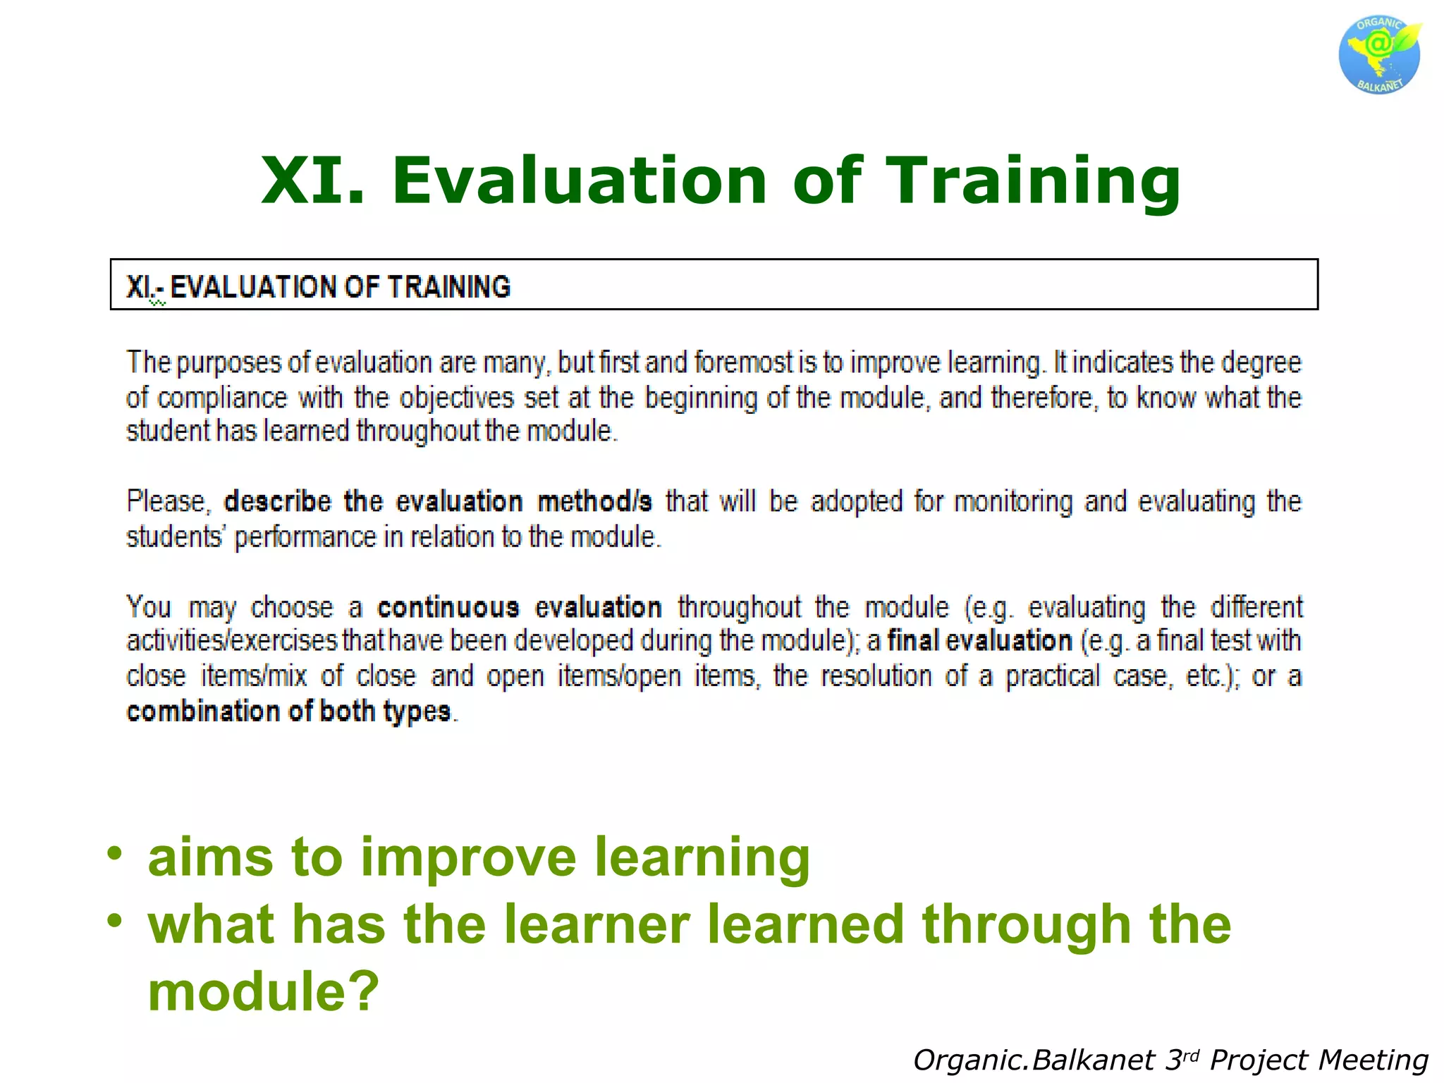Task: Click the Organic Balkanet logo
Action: (1379, 55)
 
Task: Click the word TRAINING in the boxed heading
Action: (448, 287)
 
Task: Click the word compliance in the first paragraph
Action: (222, 398)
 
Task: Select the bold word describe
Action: (277, 502)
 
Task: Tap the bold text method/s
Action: (594, 502)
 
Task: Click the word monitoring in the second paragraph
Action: (1013, 502)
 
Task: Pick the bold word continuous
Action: (448, 608)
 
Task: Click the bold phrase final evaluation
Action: (979, 641)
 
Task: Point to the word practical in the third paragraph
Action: (1052, 676)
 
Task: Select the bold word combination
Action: (204, 711)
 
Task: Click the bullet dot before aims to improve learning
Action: (114, 853)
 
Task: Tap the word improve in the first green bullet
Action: (468, 857)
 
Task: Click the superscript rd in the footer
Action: (1190, 1055)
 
